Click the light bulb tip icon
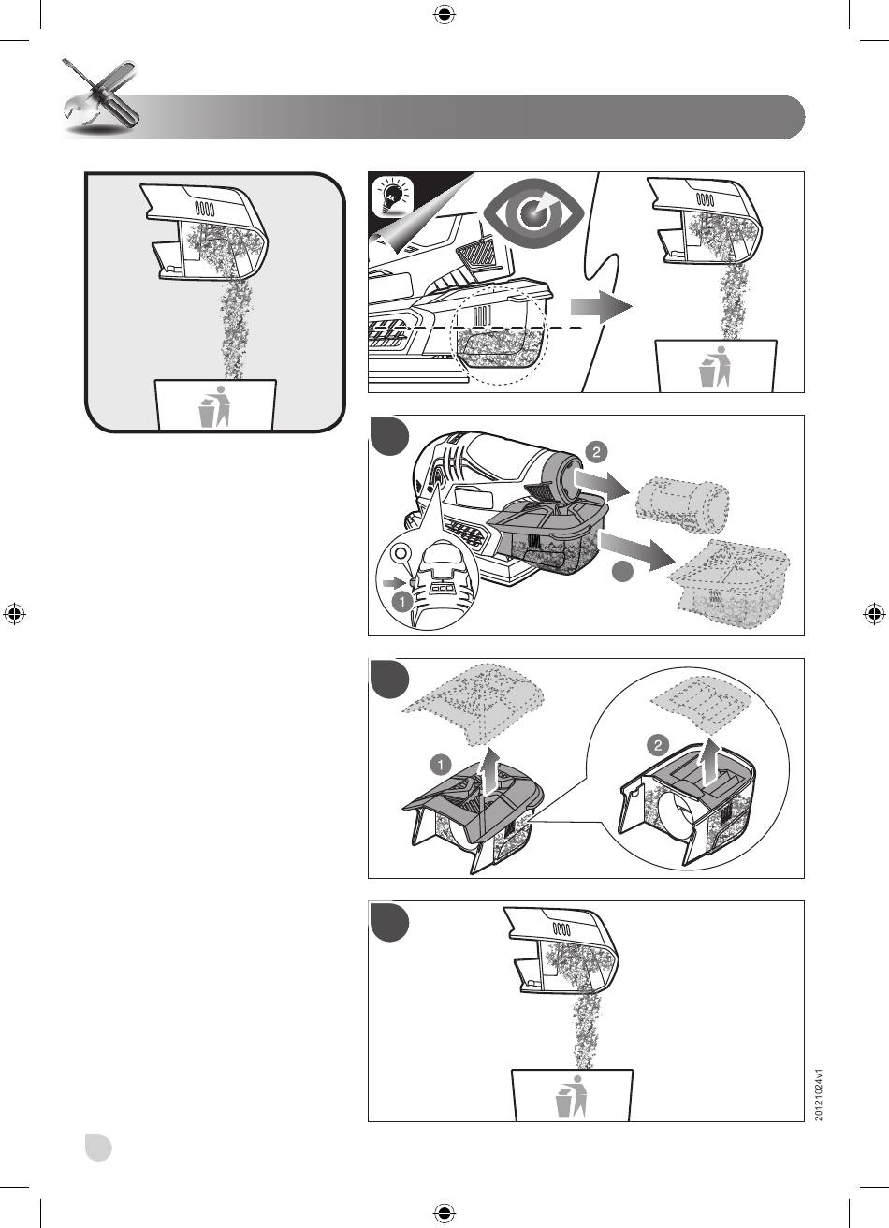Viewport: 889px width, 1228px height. (x=392, y=197)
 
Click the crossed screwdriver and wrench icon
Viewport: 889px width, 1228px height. (x=101, y=96)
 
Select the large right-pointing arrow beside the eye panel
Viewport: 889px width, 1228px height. (x=602, y=307)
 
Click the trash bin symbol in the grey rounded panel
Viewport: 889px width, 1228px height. (x=213, y=406)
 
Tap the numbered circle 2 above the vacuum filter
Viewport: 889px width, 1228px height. (x=596, y=452)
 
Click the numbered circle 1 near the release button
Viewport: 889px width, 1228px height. (x=402, y=602)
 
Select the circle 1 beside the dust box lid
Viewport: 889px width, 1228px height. (x=441, y=764)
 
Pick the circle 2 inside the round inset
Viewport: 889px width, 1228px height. (x=658, y=744)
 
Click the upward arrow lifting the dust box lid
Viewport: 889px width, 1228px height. (x=484, y=776)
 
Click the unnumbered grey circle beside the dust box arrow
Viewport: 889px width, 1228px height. (x=622, y=571)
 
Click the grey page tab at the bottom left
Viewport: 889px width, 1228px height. (x=98, y=1148)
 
